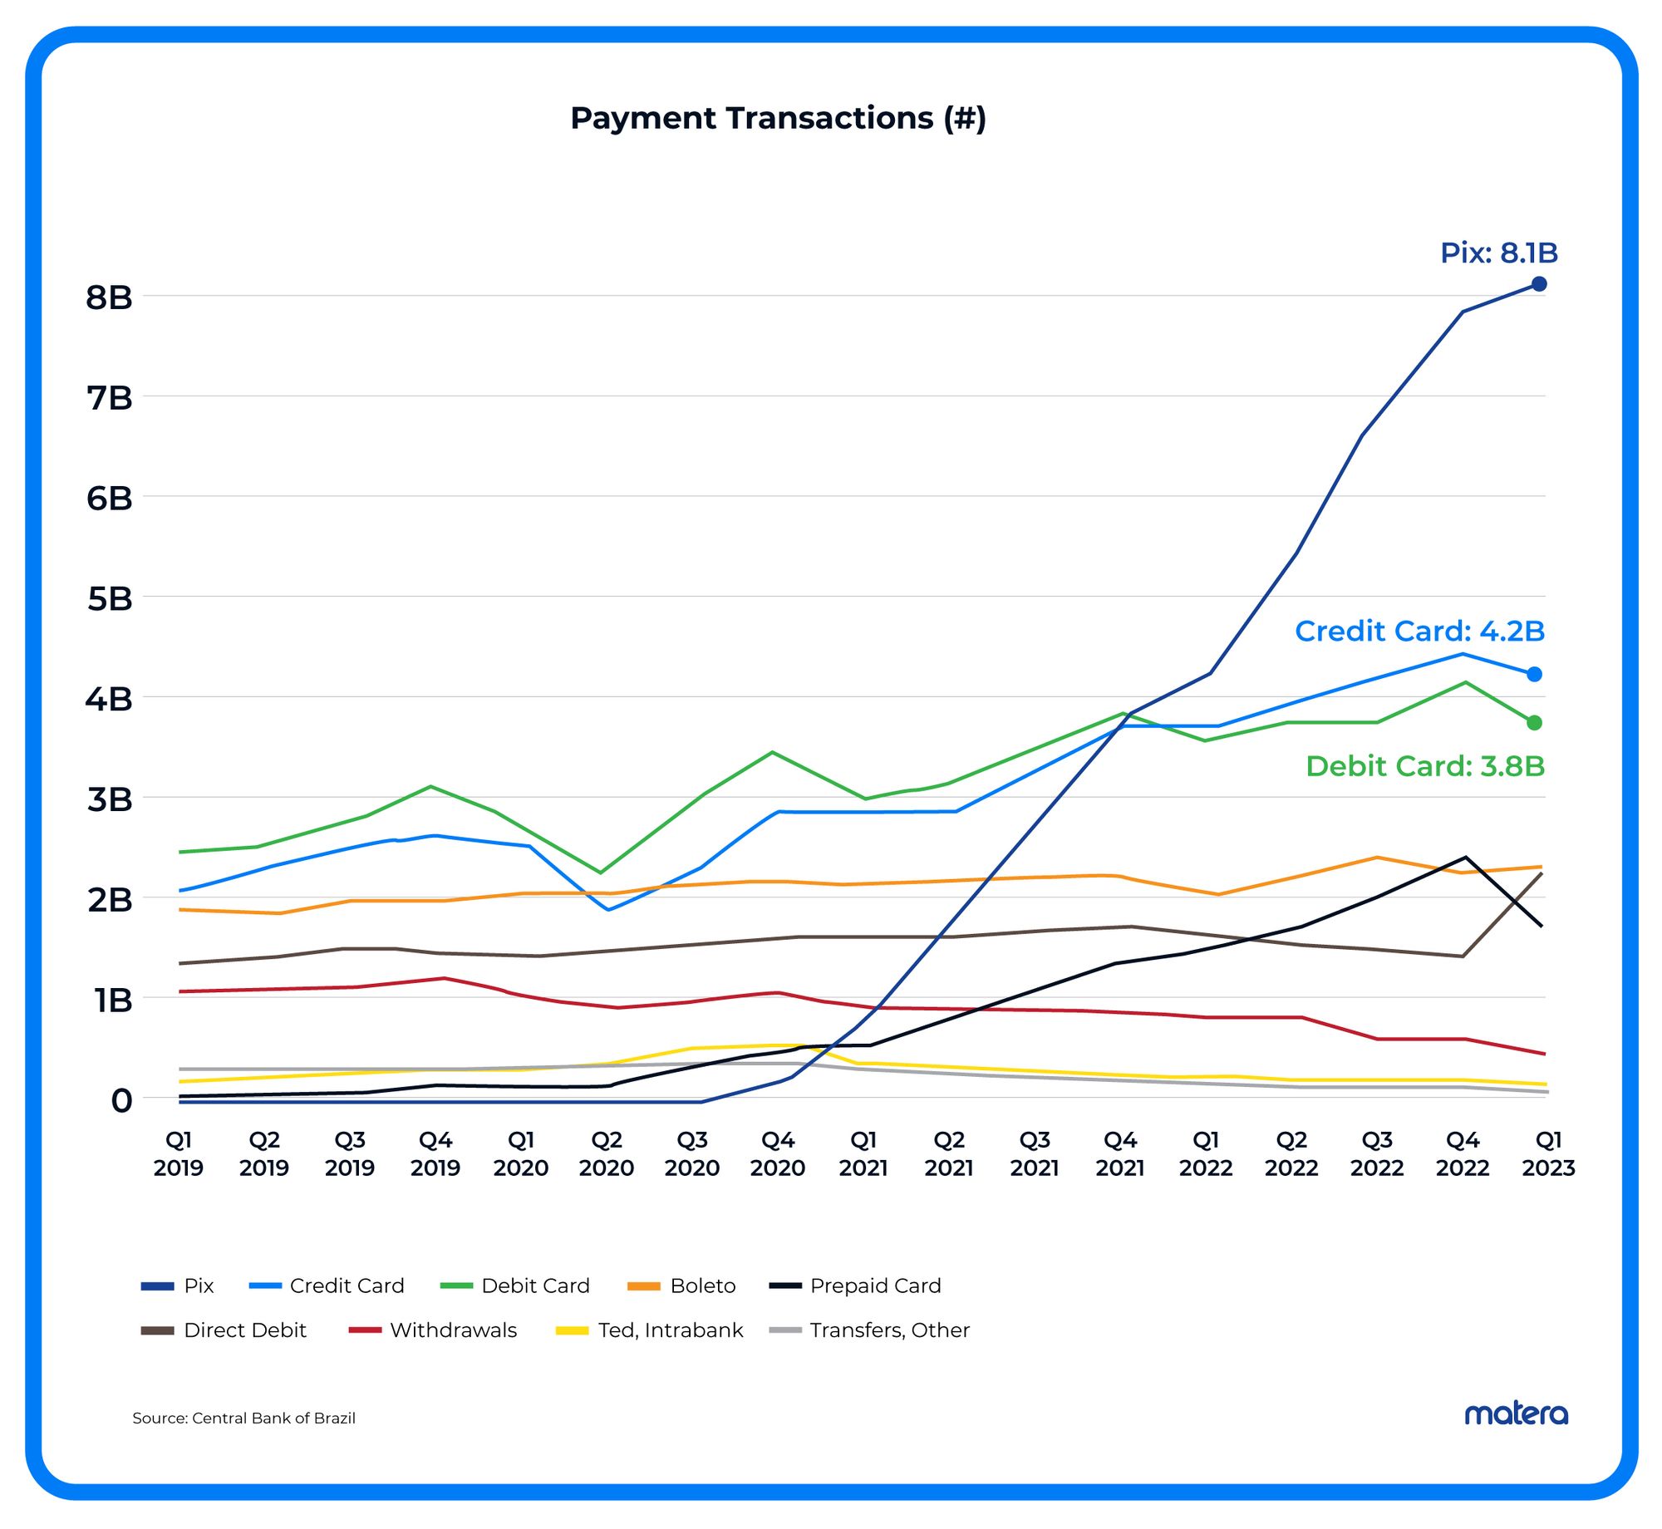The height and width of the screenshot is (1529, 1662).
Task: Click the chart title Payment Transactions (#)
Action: click(778, 118)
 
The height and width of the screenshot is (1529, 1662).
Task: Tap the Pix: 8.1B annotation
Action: click(1498, 253)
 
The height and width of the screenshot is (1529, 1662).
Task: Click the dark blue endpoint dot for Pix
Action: click(1539, 284)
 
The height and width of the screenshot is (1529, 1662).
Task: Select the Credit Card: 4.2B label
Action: click(1419, 631)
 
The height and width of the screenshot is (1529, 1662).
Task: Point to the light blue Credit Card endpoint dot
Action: click(1535, 674)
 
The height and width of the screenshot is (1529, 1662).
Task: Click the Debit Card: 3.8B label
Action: click(1424, 765)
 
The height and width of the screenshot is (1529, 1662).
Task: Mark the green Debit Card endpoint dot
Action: click(1535, 723)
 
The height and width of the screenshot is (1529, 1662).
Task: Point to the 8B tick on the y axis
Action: click(109, 297)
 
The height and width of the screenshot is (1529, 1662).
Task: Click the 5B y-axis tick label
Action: click(109, 598)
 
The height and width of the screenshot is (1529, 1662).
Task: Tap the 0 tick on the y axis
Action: click(121, 1100)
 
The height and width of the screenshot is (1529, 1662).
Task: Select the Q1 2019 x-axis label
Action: click(179, 1153)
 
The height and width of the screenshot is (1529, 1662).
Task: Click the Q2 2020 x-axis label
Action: click(607, 1153)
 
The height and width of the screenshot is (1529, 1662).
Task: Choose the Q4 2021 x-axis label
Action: click(1120, 1153)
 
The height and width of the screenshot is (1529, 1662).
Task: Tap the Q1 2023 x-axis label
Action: click(1548, 1153)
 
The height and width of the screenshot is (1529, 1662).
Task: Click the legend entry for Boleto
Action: click(682, 1286)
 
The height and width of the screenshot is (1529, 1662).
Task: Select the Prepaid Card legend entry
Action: click(856, 1286)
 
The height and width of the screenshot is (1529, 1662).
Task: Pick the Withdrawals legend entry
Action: click(433, 1330)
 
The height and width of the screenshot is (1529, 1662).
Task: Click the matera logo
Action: click(1516, 1413)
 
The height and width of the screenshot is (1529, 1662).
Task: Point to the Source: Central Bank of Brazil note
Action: click(243, 1418)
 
